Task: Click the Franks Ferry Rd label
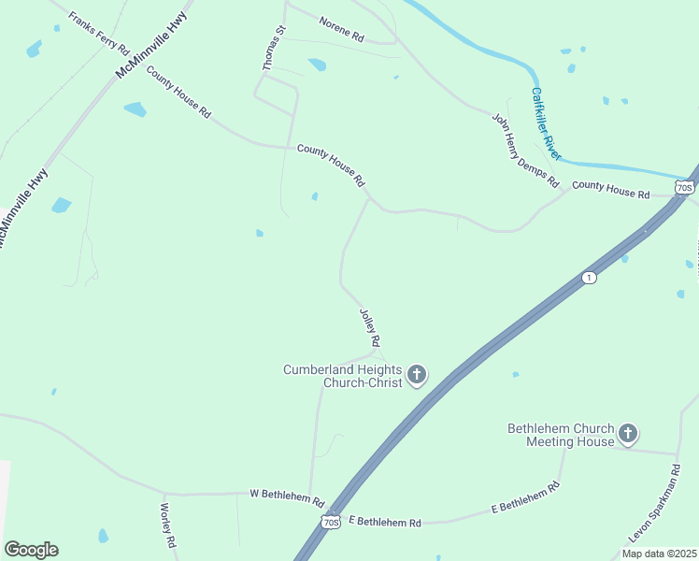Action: [98, 34]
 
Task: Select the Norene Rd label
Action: [340, 31]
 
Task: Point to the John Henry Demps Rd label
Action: [524, 149]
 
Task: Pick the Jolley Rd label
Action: [370, 327]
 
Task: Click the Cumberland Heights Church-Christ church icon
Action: [417, 376]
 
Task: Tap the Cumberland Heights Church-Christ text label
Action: [343, 376]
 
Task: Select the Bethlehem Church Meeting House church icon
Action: [628, 434]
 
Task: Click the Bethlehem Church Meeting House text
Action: [561, 435]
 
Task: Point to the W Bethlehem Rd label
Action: [286, 496]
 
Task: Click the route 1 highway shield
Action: [588, 278]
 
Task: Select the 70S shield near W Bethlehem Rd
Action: [330, 522]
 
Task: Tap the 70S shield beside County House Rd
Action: [684, 188]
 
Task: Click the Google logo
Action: [31, 550]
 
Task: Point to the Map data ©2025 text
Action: [658, 554]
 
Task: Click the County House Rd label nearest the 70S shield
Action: [610, 190]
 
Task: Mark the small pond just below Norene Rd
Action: [317, 65]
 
